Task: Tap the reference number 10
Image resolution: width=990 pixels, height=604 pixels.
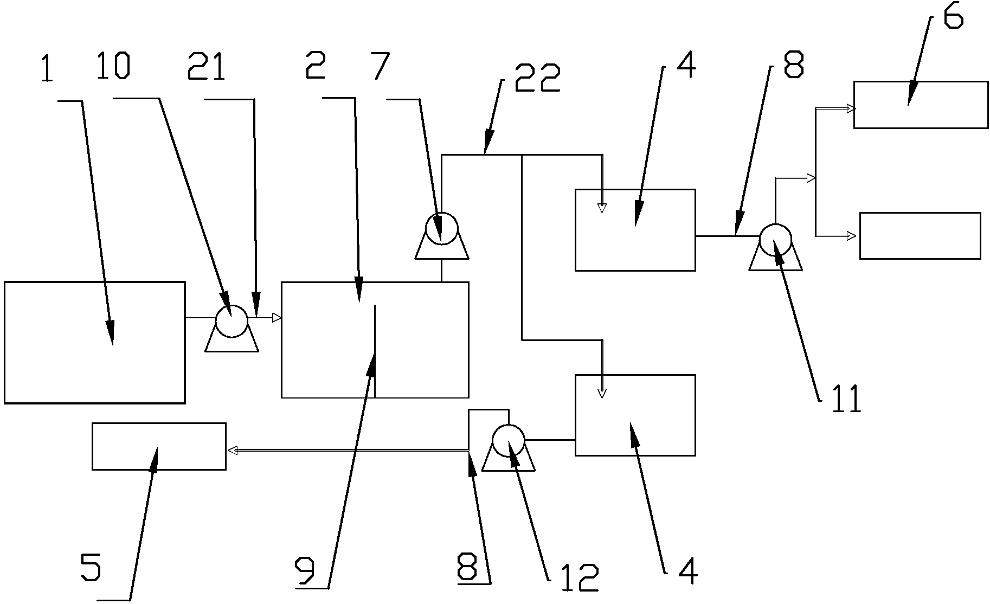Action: click(x=112, y=66)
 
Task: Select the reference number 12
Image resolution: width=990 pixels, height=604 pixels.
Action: click(x=578, y=578)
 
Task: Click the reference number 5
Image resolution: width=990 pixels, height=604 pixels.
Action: click(x=91, y=567)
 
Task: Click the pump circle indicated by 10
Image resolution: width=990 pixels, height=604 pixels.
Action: click(x=232, y=321)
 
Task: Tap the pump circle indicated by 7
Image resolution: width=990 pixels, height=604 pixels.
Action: click(x=441, y=228)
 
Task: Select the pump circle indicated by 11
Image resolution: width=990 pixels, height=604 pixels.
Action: click(x=775, y=240)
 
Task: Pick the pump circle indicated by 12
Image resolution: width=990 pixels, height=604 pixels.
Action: click(x=509, y=440)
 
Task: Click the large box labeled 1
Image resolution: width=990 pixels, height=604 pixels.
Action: click(x=94, y=342)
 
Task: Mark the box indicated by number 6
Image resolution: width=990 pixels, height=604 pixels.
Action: click(x=920, y=105)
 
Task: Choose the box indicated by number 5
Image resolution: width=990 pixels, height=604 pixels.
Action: click(x=158, y=446)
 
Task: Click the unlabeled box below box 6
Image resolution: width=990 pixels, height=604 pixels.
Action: click(x=920, y=236)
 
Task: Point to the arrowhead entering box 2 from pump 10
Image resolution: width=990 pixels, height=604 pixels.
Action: click(x=277, y=318)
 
